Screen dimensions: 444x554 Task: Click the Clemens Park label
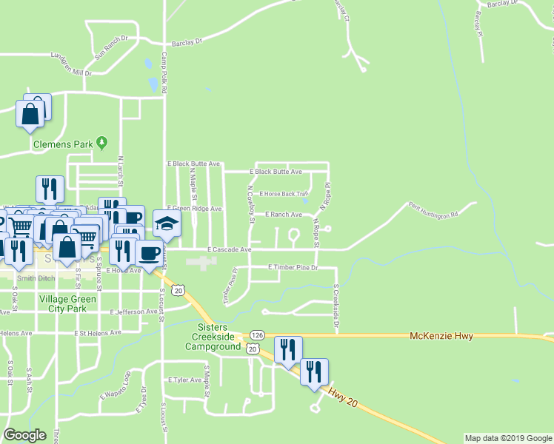point(63,145)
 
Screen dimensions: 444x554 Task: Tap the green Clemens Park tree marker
point(103,141)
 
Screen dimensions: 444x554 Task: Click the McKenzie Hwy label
point(441,336)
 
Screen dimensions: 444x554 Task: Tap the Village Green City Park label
point(67,303)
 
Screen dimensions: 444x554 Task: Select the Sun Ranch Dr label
point(112,47)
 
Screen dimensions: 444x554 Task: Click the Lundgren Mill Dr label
point(70,64)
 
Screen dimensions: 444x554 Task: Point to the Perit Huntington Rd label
point(433,209)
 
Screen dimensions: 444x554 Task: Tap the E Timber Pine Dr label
point(293,266)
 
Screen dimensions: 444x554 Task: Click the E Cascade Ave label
point(230,250)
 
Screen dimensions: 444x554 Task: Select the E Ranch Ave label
point(284,215)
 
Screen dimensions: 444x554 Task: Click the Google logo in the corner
point(24,435)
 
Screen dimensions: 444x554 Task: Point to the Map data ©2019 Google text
point(508,438)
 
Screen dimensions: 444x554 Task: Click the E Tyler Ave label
point(184,380)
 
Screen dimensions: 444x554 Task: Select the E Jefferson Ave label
point(134,312)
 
